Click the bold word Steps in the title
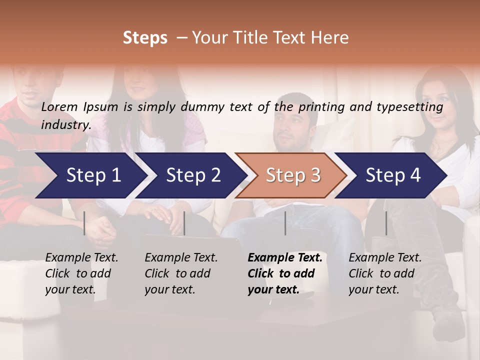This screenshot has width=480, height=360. click(145, 38)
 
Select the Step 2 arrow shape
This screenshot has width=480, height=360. click(193, 175)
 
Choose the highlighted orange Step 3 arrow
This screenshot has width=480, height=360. click(293, 175)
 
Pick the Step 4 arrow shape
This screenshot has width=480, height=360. click(393, 175)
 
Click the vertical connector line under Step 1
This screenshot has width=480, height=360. click(84, 223)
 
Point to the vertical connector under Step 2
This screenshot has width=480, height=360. click(184, 223)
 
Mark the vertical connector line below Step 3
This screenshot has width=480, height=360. click(285, 223)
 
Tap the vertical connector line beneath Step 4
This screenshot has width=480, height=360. click(386, 223)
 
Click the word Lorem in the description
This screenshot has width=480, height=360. click(59, 106)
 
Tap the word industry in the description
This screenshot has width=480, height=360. click(66, 124)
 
